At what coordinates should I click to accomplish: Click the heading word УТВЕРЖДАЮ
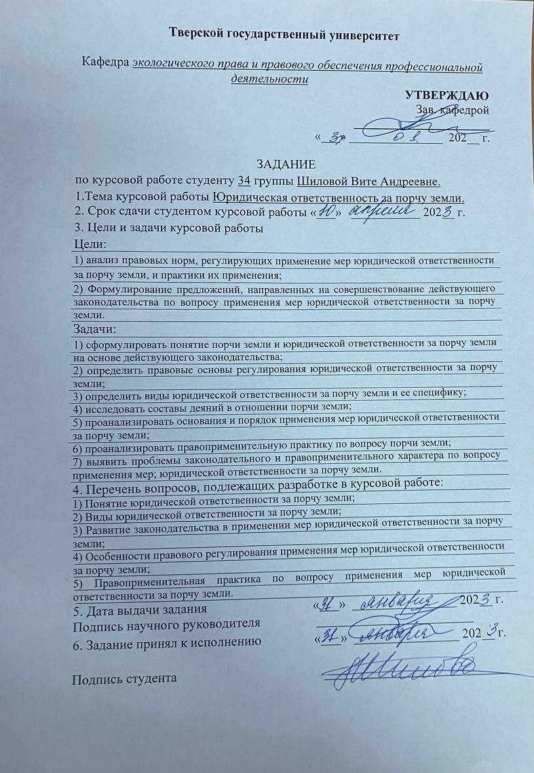click(x=447, y=95)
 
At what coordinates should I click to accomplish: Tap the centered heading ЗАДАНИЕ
click(x=285, y=165)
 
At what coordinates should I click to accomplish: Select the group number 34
click(x=244, y=181)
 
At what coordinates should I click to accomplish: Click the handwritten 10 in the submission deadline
click(x=328, y=212)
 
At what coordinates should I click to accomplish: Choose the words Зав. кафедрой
click(x=451, y=108)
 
